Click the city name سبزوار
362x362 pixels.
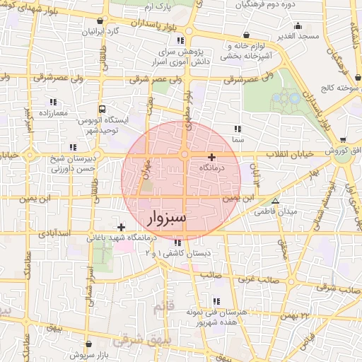(164, 217)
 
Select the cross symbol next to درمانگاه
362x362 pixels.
(211, 157)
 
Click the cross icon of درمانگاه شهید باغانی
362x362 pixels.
(122, 227)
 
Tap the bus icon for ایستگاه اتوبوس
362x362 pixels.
(103, 110)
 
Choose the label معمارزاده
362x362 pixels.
(53, 113)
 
